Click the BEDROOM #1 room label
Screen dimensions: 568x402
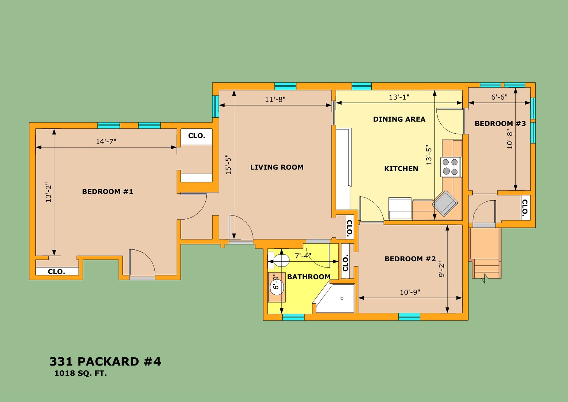(x=107, y=191)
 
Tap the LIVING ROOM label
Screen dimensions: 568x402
(x=277, y=167)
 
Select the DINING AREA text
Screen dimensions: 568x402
(x=399, y=119)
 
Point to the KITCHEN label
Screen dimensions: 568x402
(x=401, y=169)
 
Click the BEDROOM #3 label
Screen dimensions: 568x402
(x=500, y=124)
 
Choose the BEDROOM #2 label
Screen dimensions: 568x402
(x=410, y=259)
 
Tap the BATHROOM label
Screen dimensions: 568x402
(x=309, y=277)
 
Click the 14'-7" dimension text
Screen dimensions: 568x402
(x=106, y=141)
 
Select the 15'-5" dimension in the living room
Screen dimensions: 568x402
(x=228, y=165)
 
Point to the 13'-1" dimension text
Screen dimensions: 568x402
(x=399, y=97)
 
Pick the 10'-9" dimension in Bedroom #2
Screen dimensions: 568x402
(x=410, y=292)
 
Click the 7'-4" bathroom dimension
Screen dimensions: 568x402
(x=303, y=256)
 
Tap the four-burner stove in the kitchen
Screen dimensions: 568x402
(x=450, y=167)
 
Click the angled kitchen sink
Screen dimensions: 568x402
(x=445, y=204)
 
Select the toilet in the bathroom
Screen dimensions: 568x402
(x=279, y=261)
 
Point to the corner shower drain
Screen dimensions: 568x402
(x=342, y=298)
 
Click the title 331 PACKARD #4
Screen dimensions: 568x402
(x=105, y=361)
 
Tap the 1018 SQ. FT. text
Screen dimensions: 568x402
(x=81, y=373)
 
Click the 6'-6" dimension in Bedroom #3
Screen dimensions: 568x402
(x=499, y=97)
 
